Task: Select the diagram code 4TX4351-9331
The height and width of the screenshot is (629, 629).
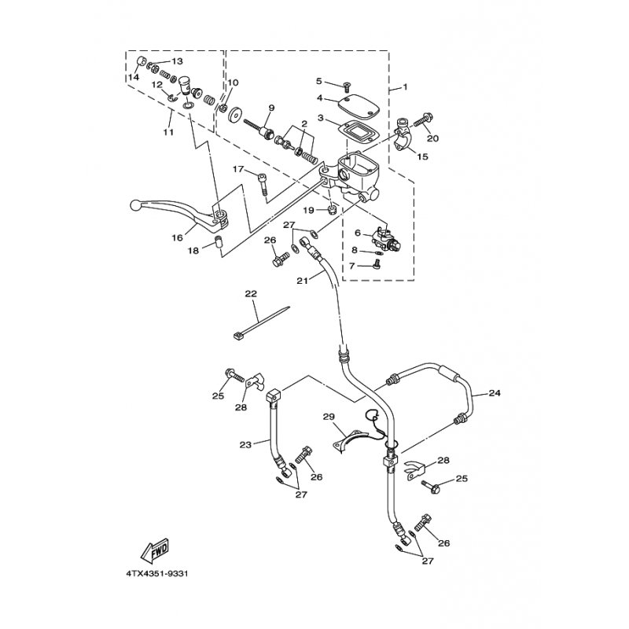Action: (157, 574)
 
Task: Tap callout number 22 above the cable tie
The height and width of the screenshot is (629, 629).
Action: (251, 293)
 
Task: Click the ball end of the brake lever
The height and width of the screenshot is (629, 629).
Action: (135, 206)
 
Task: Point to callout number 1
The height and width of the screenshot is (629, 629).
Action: (405, 86)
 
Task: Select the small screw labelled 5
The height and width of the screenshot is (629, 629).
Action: (346, 86)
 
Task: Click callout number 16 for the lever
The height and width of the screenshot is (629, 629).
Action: (178, 237)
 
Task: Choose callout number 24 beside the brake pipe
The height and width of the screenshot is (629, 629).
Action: (495, 392)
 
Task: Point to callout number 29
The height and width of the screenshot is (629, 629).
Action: (329, 417)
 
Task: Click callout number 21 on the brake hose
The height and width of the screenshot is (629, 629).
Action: (302, 281)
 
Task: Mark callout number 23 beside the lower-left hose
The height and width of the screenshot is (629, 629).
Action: (245, 444)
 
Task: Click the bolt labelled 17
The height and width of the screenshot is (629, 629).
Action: (263, 183)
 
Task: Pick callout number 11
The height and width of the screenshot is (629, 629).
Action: (168, 131)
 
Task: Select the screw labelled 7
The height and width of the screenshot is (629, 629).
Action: (376, 264)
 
